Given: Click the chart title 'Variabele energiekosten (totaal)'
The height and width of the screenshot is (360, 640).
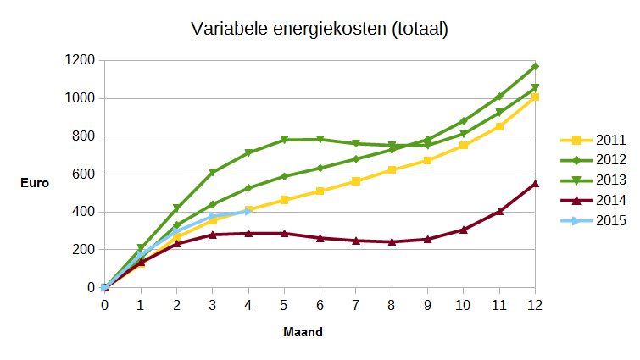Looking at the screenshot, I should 320,30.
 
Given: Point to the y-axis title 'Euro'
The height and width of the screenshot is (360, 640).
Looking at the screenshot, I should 35,182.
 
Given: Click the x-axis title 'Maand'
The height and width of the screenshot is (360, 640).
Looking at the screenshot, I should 303,332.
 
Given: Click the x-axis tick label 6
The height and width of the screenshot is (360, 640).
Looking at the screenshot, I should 320,304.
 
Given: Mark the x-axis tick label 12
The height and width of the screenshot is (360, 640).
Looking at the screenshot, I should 534,304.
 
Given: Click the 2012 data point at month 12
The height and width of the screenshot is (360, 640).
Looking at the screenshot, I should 534,66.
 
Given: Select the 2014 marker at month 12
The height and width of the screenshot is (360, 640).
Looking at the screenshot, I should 534,183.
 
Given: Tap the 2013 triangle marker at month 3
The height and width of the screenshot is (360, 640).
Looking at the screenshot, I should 213,173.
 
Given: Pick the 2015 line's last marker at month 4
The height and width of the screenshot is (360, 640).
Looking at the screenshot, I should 248,211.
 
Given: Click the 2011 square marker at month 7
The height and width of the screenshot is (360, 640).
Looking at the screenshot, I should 355,181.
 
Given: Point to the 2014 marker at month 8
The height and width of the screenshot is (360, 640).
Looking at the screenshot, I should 392,241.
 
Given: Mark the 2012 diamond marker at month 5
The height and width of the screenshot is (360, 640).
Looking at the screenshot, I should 284,176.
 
